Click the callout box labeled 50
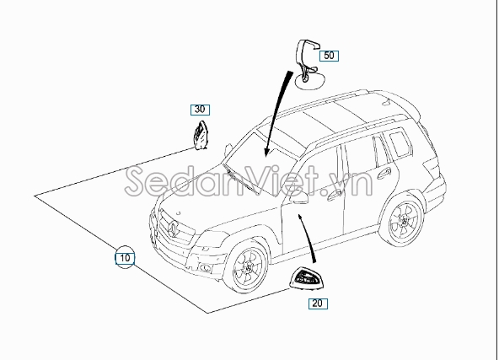[329, 56]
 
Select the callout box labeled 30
[200, 110]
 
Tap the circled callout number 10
[125, 257]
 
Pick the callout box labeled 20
[318, 304]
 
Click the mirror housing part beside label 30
[201, 135]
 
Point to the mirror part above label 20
[304, 277]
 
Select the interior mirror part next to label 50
[308, 64]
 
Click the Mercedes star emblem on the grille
[174, 228]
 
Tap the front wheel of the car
[248, 266]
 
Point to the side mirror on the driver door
[298, 197]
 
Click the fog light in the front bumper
[206, 268]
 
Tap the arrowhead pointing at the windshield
[266, 152]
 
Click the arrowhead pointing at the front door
[299, 218]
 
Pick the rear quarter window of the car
[400, 143]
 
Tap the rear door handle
[384, 173]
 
